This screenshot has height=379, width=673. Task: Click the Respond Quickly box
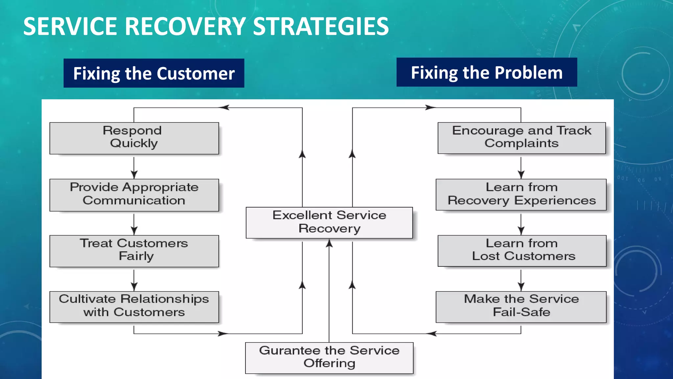[x=134, y=138]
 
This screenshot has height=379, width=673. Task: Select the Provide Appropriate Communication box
[x=134, y=195]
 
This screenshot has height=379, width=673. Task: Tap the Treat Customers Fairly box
[x=134, y=251]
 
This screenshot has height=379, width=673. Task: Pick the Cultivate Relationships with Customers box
[x=134, y=307]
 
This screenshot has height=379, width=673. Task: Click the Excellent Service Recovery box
[x=329, y=222]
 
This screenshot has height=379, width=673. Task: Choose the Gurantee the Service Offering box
[x=329, y=358]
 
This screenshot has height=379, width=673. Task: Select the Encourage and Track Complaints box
[x=522, y=138]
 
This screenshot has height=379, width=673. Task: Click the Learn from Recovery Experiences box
[x=521, y=194]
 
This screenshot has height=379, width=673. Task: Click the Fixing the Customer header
[x=154, y=73]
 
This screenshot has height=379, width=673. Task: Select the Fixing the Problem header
[x=487, y=72]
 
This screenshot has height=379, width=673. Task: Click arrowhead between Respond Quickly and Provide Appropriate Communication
[x=134, y=174]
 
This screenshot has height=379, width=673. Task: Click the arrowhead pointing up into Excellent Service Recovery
[x=329, y=244]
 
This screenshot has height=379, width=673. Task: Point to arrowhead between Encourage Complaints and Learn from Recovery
[x=521, y=174]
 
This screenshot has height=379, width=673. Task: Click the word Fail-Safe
[x=522, y=312]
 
